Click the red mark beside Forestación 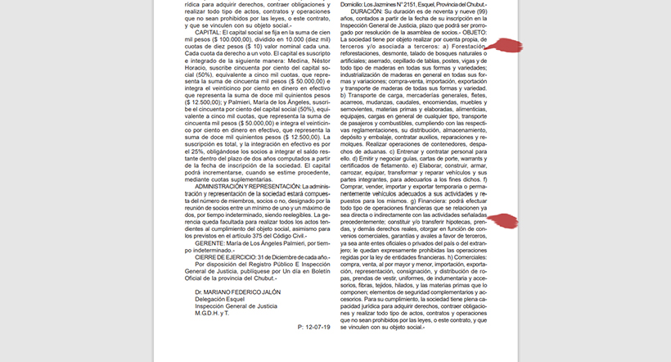[503, 47]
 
